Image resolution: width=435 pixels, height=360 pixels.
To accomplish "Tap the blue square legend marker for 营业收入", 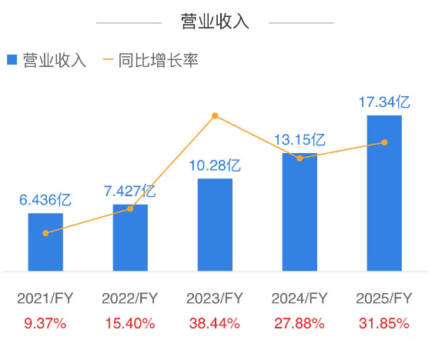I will click(x=12, y=60).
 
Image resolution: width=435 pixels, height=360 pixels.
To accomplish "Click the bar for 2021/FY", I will click(x=45, y=242).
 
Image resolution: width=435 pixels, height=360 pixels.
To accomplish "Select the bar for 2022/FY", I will click(x=130, y=238).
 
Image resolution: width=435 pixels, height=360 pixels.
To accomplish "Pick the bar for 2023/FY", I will click(x=215, y=225).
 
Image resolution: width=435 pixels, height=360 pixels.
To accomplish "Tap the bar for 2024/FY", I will click(x=299, y=212).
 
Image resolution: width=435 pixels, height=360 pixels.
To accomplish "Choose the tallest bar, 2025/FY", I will click(x=384, y=193).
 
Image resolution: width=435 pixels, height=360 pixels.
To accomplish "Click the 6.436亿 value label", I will click(x=45, y=200).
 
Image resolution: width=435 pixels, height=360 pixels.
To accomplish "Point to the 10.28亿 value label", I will click(x=215, y=165).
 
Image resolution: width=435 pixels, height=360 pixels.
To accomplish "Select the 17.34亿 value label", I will click(x=384, y=102).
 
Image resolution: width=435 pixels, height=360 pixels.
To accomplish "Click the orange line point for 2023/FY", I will click(x=215, y=116).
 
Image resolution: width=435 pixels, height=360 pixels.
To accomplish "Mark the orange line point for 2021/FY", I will click(x=45, y=233).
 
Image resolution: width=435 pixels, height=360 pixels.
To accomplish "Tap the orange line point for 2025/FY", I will click(x=384, y=142).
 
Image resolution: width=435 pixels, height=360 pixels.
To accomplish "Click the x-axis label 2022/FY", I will click(x=130, y=298).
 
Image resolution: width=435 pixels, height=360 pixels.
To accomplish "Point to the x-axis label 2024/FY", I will click(x=299, y=298).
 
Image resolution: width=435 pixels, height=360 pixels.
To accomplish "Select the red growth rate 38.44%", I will click(x=215, y=323).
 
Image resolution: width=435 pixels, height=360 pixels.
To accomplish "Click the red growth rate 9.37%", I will click(x=45, y=323).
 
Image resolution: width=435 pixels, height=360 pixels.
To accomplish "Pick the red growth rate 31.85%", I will click(x=384, y=323).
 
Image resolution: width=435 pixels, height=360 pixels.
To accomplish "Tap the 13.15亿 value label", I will click(x=299, y=140).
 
